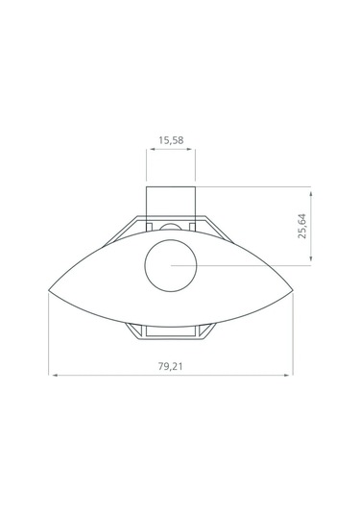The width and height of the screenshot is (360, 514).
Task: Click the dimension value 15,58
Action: pos(171,140)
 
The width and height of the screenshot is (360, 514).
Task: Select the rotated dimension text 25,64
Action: pos(302,226)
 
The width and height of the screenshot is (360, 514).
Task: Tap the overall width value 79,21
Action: pos(170,366)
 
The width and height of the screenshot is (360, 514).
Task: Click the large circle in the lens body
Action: pos(171,239)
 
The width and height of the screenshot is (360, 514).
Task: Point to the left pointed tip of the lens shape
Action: pos(49,290)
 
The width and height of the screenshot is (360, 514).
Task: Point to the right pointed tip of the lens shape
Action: pos(293,290)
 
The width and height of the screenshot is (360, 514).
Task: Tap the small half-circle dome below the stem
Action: pos(171,224)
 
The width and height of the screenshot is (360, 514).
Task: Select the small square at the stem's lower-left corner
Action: pos(149,227)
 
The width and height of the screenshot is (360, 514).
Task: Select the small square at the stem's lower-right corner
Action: pos(192,227)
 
